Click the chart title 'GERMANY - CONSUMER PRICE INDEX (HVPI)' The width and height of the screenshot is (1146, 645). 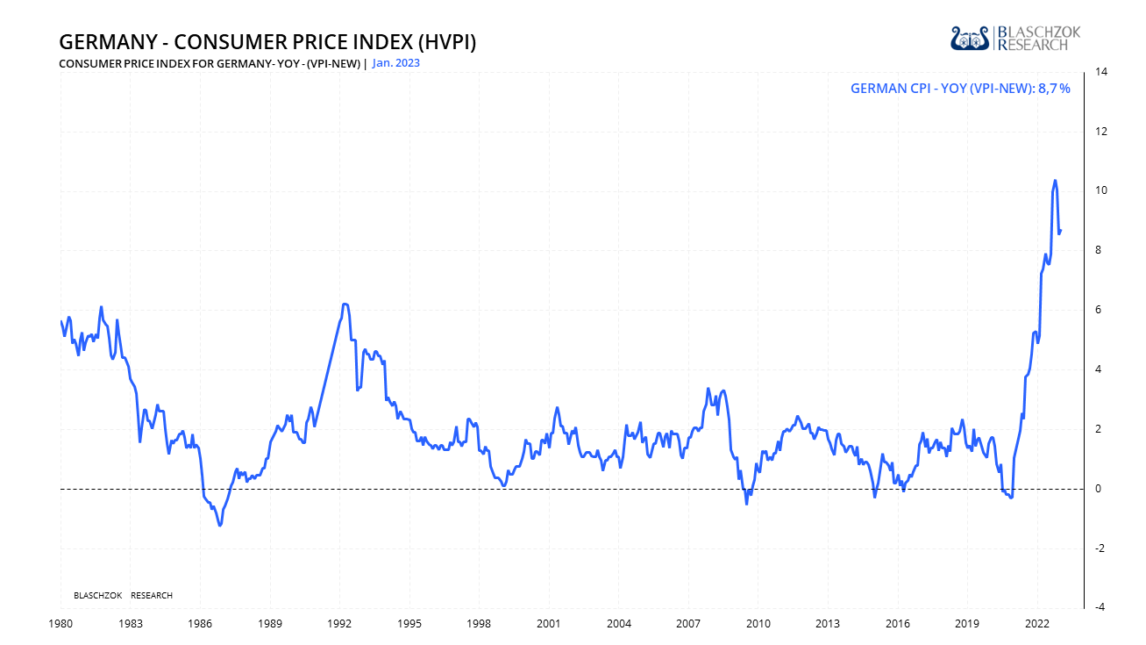click(267, 42)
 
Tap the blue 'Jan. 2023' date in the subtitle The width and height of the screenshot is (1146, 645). click(396, 63)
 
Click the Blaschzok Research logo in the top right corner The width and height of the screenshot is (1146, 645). click(1015, 38)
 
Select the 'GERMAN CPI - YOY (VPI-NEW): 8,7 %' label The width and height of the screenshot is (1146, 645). click(960, 88)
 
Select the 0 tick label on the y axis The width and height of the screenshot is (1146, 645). click(1099, 489)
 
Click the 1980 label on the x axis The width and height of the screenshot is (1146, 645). click(60, 624)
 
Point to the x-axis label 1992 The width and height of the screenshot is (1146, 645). click(339, 624)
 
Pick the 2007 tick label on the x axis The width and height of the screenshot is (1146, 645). click(688, 624)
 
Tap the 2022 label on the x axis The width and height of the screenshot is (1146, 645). click(1037, 624)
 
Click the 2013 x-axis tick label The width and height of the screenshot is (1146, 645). click(828, 624)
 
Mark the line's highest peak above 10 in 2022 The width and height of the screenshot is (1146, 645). click(1055, 181)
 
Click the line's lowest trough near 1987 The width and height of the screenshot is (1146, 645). click(219, 525)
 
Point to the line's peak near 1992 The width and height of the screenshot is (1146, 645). click(345, 304)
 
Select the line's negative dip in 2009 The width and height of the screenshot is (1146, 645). click(747, 504)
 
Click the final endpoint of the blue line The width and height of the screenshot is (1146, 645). click(1061, 231)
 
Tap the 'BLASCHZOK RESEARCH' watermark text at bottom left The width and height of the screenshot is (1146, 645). click(124, 596)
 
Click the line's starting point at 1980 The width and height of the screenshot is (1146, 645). click(61, 321)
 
